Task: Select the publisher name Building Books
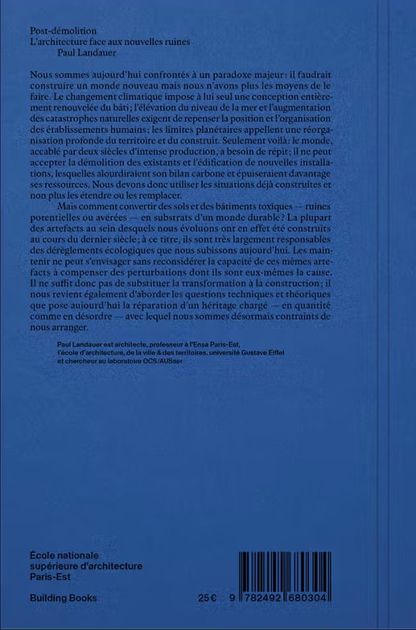63,599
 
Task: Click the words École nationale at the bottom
64,556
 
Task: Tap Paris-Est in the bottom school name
50,577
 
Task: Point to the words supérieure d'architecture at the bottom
86,566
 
